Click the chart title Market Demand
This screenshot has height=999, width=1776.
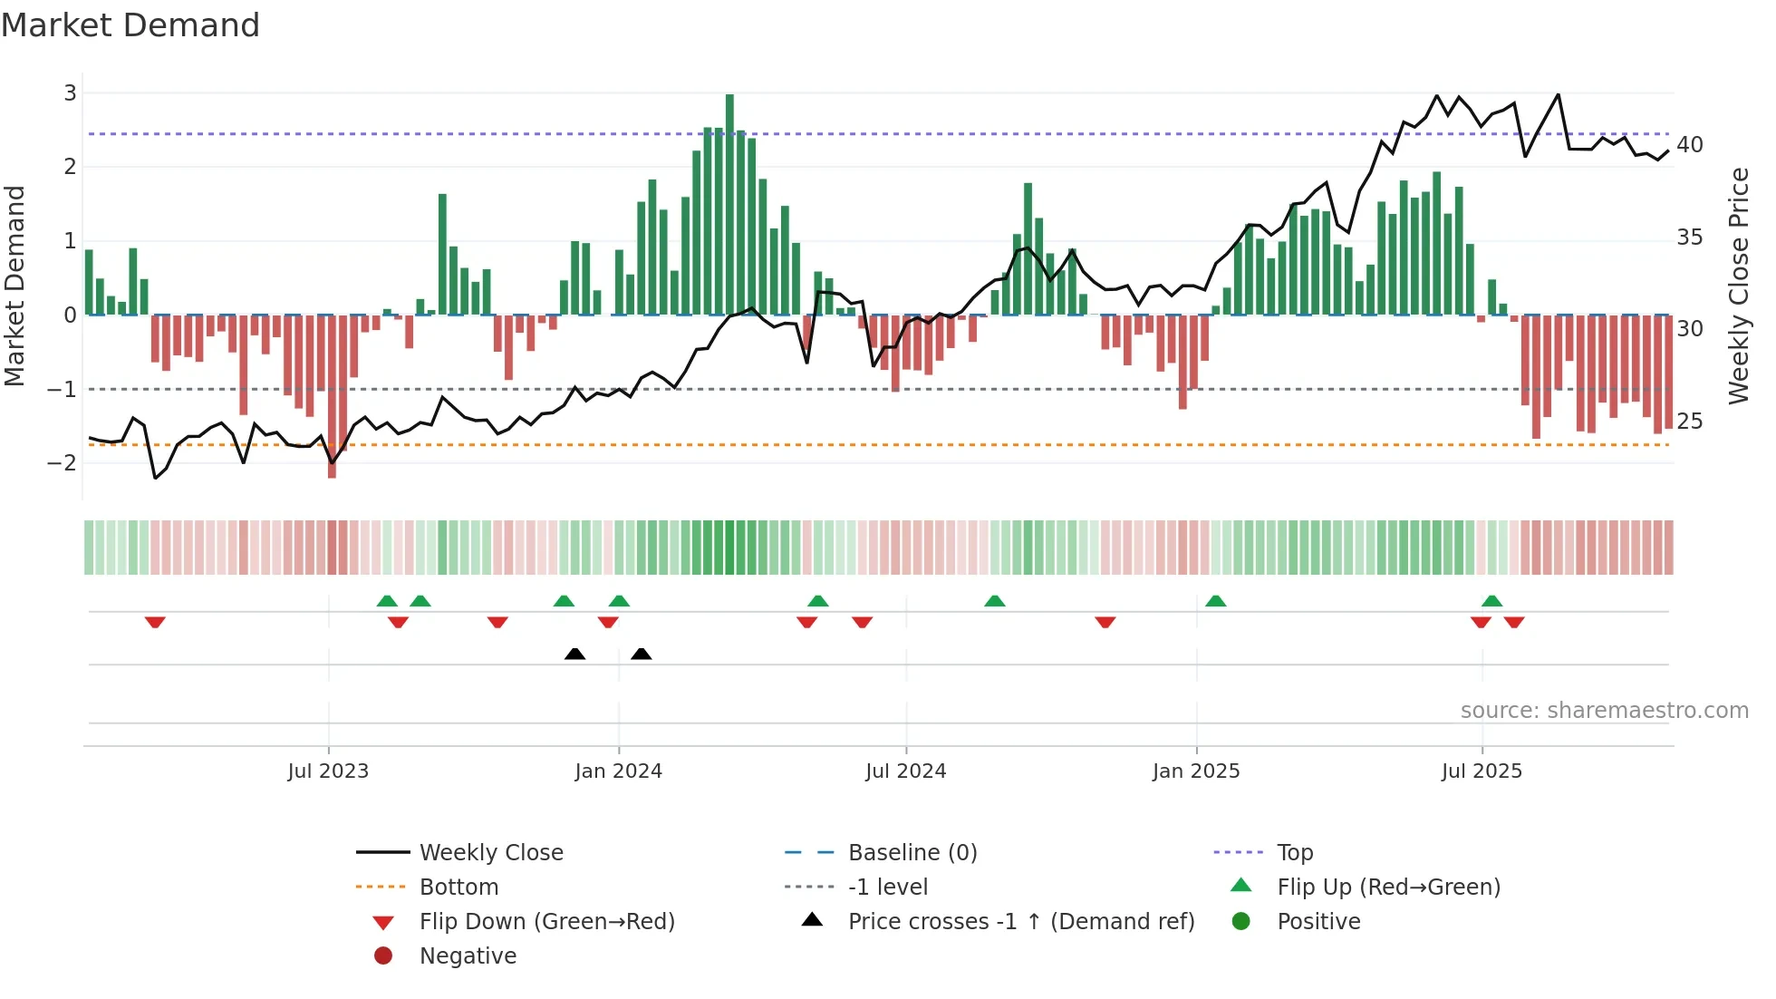130,24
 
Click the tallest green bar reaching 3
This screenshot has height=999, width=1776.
729,204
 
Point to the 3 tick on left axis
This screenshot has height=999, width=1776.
70,92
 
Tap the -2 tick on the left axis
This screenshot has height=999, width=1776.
63,462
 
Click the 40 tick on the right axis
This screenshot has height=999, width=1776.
1689,144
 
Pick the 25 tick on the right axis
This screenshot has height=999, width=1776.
1689,421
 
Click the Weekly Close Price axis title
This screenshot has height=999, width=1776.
1738,286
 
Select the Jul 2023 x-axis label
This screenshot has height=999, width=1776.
328,771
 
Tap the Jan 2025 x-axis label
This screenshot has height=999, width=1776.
1196,771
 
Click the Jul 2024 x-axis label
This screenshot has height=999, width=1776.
905,771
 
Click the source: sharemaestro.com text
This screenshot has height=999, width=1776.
1604,710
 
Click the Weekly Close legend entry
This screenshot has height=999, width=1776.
491,852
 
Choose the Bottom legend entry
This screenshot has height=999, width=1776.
458,887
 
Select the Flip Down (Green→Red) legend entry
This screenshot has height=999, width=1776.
546,921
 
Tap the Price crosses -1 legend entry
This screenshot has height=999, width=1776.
1021,921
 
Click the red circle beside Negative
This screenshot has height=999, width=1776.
383,955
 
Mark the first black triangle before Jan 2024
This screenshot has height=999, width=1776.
574,654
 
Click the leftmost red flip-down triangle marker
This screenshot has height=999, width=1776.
155,622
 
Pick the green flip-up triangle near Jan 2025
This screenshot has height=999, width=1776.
1216,601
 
